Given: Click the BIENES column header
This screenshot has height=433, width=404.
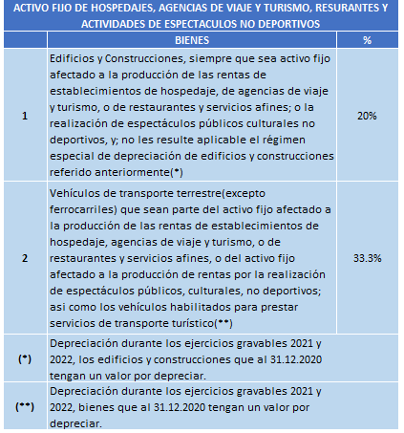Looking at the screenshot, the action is (192, 40).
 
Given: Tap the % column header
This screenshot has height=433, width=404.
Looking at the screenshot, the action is (367, 40).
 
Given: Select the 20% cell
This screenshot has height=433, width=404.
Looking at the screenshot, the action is (367, 116).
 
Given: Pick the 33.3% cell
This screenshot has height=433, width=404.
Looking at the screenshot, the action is (367, 258).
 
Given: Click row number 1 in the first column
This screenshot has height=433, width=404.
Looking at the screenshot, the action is (25, 116).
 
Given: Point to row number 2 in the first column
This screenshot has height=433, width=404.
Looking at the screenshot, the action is (25, 258).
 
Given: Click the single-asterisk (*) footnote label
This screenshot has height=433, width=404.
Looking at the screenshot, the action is (25, 359).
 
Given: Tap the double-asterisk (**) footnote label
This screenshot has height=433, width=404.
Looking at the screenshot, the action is (25, 407).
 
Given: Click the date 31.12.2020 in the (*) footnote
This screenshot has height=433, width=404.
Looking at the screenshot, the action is (296, 359).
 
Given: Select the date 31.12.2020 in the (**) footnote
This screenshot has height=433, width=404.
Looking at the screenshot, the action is (180, 407).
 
